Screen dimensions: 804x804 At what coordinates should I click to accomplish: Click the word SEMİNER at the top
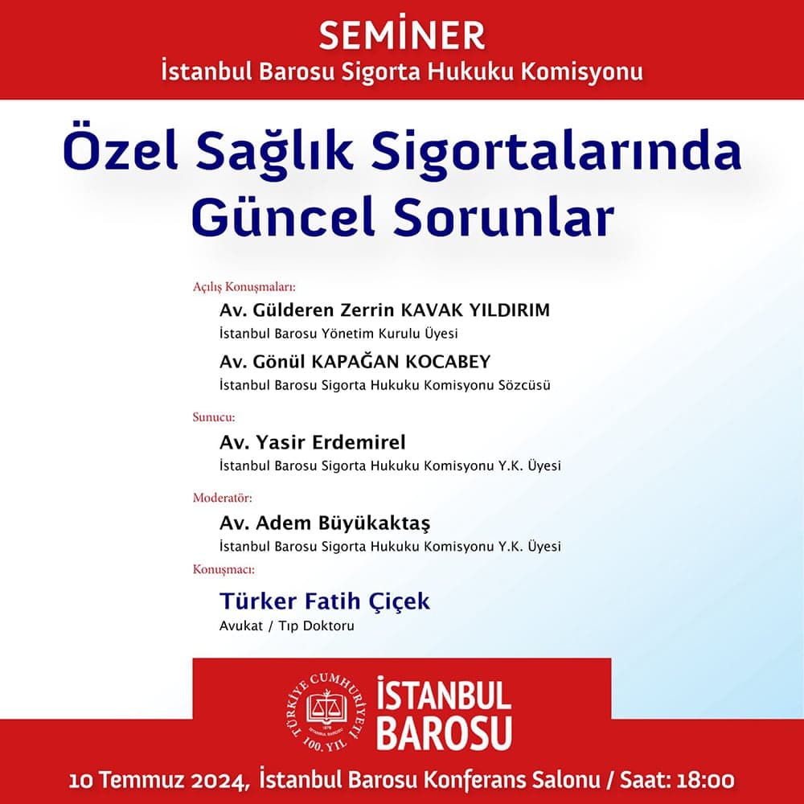click(x=402, y=35)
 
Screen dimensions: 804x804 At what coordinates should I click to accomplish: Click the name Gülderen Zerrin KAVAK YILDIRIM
click(x=384, y=310)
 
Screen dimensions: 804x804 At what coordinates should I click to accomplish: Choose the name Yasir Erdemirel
click(x=313, y=442)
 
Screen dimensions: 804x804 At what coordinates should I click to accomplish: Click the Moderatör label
click(x=221, y=498)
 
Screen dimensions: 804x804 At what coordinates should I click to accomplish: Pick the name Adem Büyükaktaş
click(x=325, y=523)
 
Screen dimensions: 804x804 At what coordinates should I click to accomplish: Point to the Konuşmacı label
click(x=224, y=569)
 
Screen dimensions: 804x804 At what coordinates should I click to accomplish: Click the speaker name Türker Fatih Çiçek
click(x=325, y=601)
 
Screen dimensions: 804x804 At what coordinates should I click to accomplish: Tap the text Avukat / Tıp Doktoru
click(x=286, y=626)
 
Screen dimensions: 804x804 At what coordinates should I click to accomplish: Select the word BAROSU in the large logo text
click(x=444, y=732)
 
